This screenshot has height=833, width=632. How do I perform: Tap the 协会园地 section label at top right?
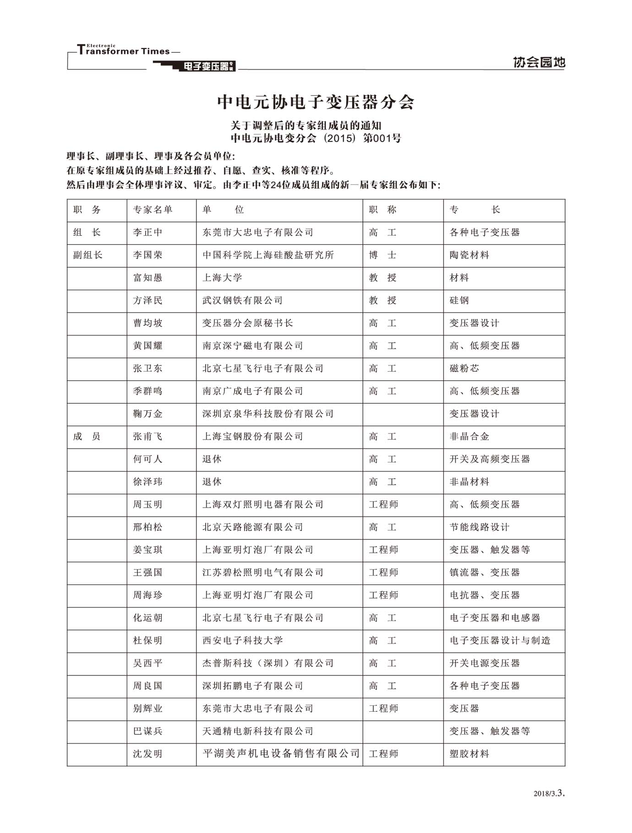click(x=539, y=62)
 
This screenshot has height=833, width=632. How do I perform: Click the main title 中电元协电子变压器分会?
click(x=316, y=102)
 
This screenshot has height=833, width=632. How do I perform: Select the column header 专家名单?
click(x=153, y=210)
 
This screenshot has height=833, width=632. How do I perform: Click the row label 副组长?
click(x=88, y=255)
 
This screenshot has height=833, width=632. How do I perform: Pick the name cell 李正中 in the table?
click(x=148, y=233)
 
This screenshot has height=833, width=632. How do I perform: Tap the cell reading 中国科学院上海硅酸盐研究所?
click(x=268, y=255)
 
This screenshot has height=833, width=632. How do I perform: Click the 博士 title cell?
click(x=382, y=255)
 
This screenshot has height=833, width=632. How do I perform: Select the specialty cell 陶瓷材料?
click(x=469, y=255)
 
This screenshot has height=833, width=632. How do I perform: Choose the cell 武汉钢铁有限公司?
click(x=242, y=300)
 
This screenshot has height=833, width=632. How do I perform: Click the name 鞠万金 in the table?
click(x=148, y=414)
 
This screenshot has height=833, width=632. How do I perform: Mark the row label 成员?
click(x=87, y=437)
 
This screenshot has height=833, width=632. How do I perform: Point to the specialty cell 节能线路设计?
click(x=479, y=527)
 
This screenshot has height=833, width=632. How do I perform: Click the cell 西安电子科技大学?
click(x=242, y=641)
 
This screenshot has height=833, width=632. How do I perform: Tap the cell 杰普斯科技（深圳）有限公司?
click(x=268, y=663)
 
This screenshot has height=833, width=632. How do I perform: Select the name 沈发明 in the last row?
click(x=148, y=754)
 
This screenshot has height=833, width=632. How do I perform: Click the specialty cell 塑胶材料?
click(x=469, y=754)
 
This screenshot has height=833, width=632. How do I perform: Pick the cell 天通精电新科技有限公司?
click(x=258, y=731)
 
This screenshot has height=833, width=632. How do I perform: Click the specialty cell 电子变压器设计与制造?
click(x=500, y=641)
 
